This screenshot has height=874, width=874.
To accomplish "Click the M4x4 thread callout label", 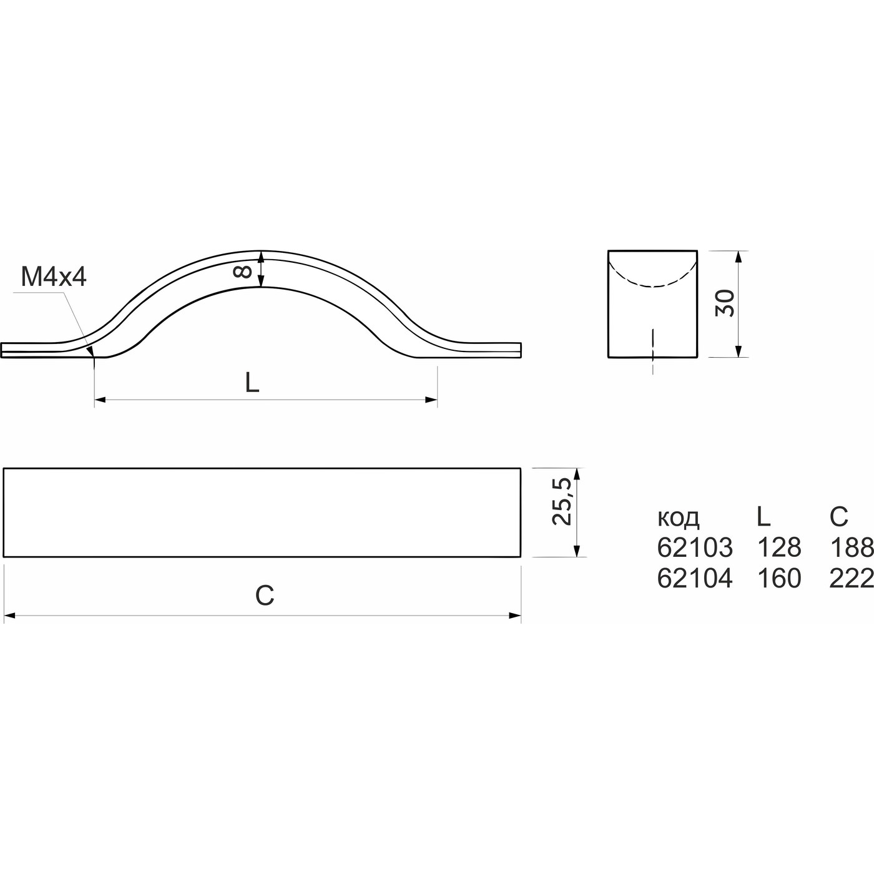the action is pyautogui.click(x=54, y=277).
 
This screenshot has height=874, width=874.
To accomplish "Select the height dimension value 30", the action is pyautogui.click(x=725, y=303).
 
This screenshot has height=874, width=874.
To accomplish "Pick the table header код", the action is pyautogui.click(x=679, y=518).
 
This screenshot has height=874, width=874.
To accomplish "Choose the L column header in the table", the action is pyautogui.click(x=764, y=516).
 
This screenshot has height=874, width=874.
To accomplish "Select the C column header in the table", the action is pyautogui.click(x=839, y=516).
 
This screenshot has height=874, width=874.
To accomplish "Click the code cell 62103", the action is pyautogui.click(x=695, y=547).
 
